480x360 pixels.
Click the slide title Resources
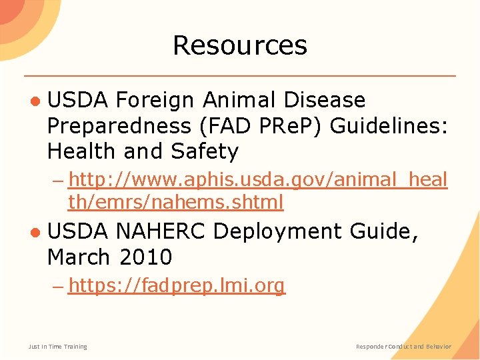click(240, 45)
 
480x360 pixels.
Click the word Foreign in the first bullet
click(155, 100)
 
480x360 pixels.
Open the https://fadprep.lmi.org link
click(177, 286)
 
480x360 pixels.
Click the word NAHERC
click(161, 231)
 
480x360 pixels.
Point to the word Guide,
click(386, 231)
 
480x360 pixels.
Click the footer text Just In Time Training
click(57, 346)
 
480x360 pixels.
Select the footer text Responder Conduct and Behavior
click(403, 346)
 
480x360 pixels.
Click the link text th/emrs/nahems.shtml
click(176, 202)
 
